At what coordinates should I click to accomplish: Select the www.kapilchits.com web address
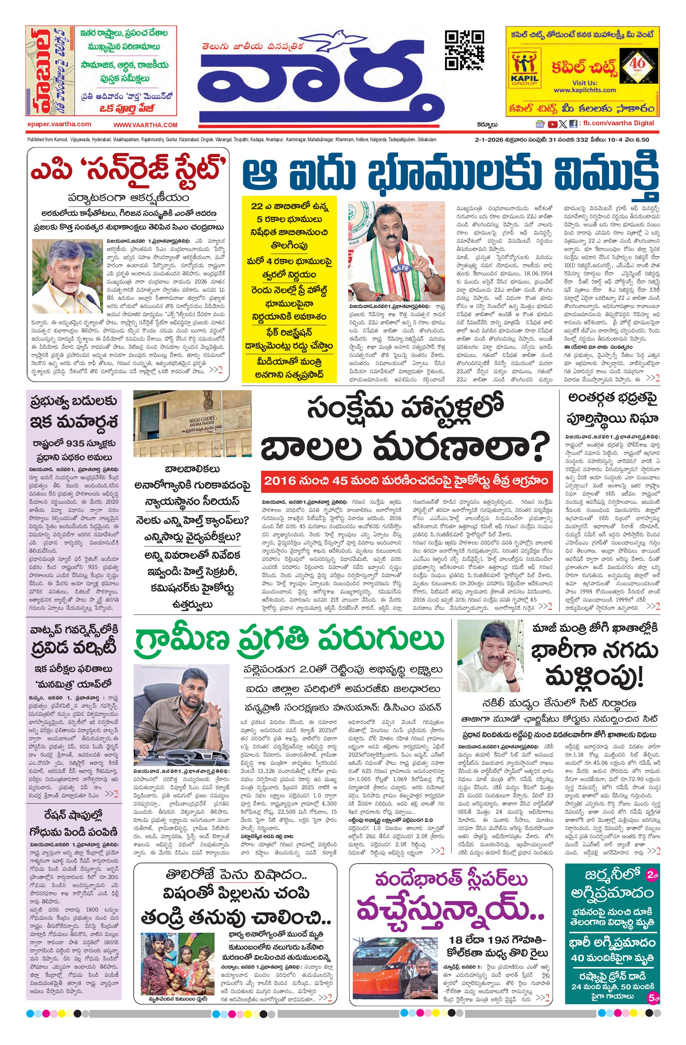[584, 90]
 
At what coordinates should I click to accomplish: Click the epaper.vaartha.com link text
[59, 124]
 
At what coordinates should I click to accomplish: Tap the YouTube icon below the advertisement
[553, 125]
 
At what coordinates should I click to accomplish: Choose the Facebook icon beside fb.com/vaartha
[573, 125]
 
